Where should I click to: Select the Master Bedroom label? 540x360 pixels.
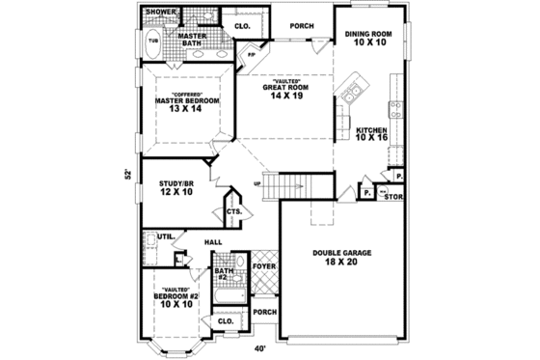(188, 100)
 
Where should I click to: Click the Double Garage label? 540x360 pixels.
(342, 253)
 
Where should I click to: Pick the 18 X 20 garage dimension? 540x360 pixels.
(342, 263)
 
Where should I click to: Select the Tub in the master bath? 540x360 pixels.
(153, 42)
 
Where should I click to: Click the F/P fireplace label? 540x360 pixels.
(252, 55)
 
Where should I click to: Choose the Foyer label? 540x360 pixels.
(264, 265)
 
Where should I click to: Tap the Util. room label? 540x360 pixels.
(165, 235)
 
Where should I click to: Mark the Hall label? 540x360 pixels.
(213, 243)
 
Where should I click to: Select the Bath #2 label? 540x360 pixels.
(222, 273)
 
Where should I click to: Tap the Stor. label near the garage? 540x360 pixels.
(394, 197)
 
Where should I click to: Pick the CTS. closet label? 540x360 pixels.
(233, 211)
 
